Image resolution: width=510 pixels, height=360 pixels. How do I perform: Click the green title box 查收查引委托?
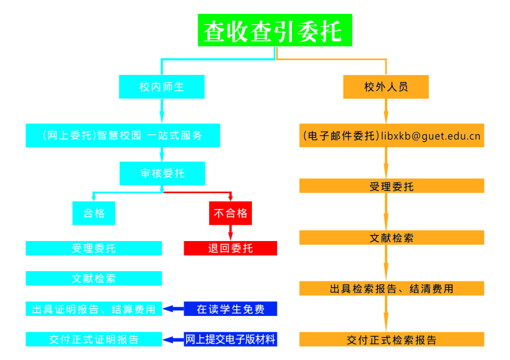[275, 30]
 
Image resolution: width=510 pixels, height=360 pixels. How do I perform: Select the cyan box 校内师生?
[162, 86]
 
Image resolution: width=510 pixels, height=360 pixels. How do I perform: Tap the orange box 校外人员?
[386, 86]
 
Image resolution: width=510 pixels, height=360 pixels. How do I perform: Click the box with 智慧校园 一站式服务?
[123, 135]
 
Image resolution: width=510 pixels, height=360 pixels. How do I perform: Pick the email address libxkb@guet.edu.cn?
[431, 136]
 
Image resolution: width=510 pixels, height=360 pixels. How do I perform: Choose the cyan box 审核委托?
[163, 173]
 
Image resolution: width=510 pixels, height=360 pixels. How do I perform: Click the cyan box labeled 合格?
[94, 213]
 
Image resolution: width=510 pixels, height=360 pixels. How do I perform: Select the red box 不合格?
[230, 213]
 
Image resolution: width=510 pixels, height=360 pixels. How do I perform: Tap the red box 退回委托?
[230, 248]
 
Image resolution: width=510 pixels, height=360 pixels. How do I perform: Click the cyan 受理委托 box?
[94, 248]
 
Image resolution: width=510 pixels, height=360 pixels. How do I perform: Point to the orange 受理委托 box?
[392, 185]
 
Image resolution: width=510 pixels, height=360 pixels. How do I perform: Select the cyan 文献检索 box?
[94, 278]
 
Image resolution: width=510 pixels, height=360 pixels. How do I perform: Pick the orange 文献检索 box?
[392, 237]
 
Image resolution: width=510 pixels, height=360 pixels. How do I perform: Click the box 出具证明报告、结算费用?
[94, 309]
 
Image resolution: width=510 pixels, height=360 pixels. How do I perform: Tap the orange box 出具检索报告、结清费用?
[392, 288]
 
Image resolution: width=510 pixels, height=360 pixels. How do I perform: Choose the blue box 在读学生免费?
[230, 309]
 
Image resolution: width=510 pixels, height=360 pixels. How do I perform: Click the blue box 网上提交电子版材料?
[230, 339]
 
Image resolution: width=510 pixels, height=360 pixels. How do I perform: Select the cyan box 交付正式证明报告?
[94, 339]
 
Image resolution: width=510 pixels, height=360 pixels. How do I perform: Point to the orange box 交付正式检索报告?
[392, 339]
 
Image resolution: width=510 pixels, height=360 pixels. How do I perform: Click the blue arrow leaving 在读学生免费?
[173, 309]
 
